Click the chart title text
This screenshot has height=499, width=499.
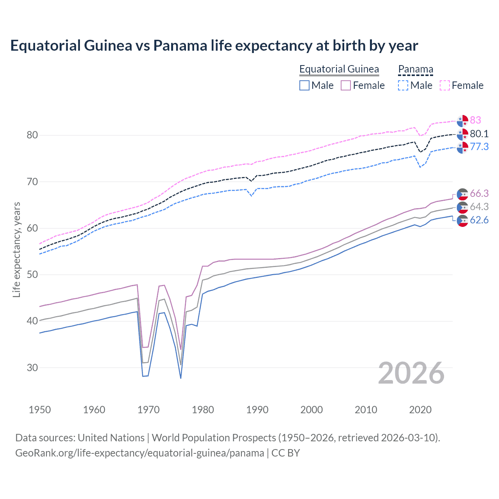click(214, 46)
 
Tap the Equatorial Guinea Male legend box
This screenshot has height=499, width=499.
click(304, 85)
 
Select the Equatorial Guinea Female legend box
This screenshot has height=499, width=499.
click(346, 85)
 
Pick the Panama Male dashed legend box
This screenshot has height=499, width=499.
click(403, 85)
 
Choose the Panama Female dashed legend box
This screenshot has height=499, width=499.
click(445, 85)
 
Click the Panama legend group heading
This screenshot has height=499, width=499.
click(416, 69)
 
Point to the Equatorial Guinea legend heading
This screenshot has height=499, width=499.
click(339, 69)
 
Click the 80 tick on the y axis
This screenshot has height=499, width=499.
click(32, 135)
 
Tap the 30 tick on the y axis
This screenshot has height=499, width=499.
click(32, 368)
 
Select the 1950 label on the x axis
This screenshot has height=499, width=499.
click(40, 410)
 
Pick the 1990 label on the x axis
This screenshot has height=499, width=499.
click(257, 410)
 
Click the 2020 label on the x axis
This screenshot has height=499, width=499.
click(420, 410)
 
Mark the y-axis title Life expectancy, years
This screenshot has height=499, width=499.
click(16, 249)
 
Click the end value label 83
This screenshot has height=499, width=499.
click(475, 120)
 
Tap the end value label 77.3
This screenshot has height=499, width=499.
click(479, 147)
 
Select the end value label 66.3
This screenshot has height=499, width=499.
click(479, 194)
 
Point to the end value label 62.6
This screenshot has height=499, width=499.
click(479, 220)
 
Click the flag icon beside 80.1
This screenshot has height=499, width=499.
click(462, 134)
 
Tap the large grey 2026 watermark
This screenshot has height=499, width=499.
click(411, 373)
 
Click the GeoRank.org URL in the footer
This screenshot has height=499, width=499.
click(140, 453)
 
